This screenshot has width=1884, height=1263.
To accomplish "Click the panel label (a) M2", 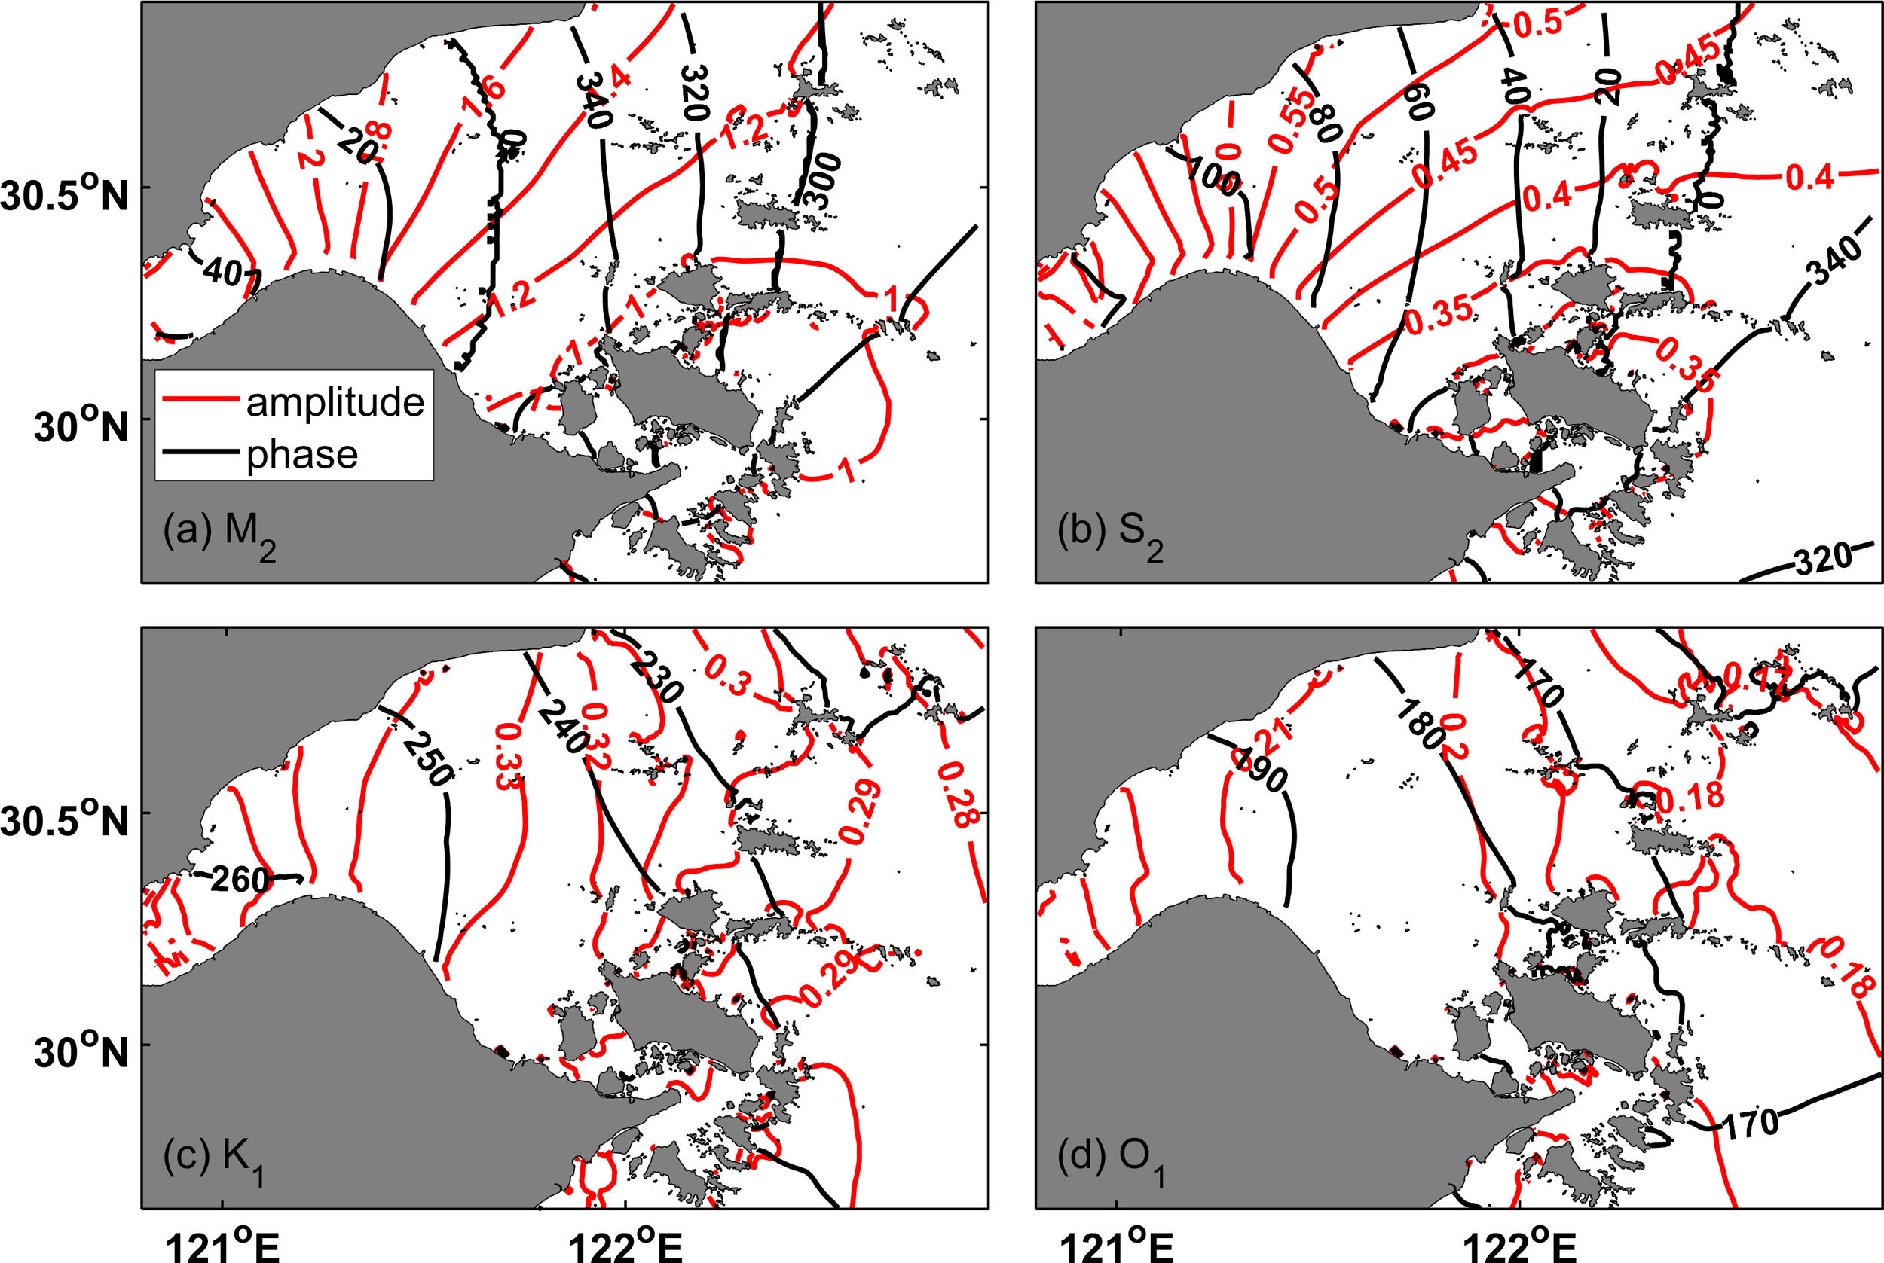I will [x=219, y=534].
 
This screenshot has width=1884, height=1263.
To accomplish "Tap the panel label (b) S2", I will [x=1109, y=534].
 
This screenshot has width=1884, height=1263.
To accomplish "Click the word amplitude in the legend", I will [x=335, y=402].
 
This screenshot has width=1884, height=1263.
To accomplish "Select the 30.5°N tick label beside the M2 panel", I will [x=65, y=195].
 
